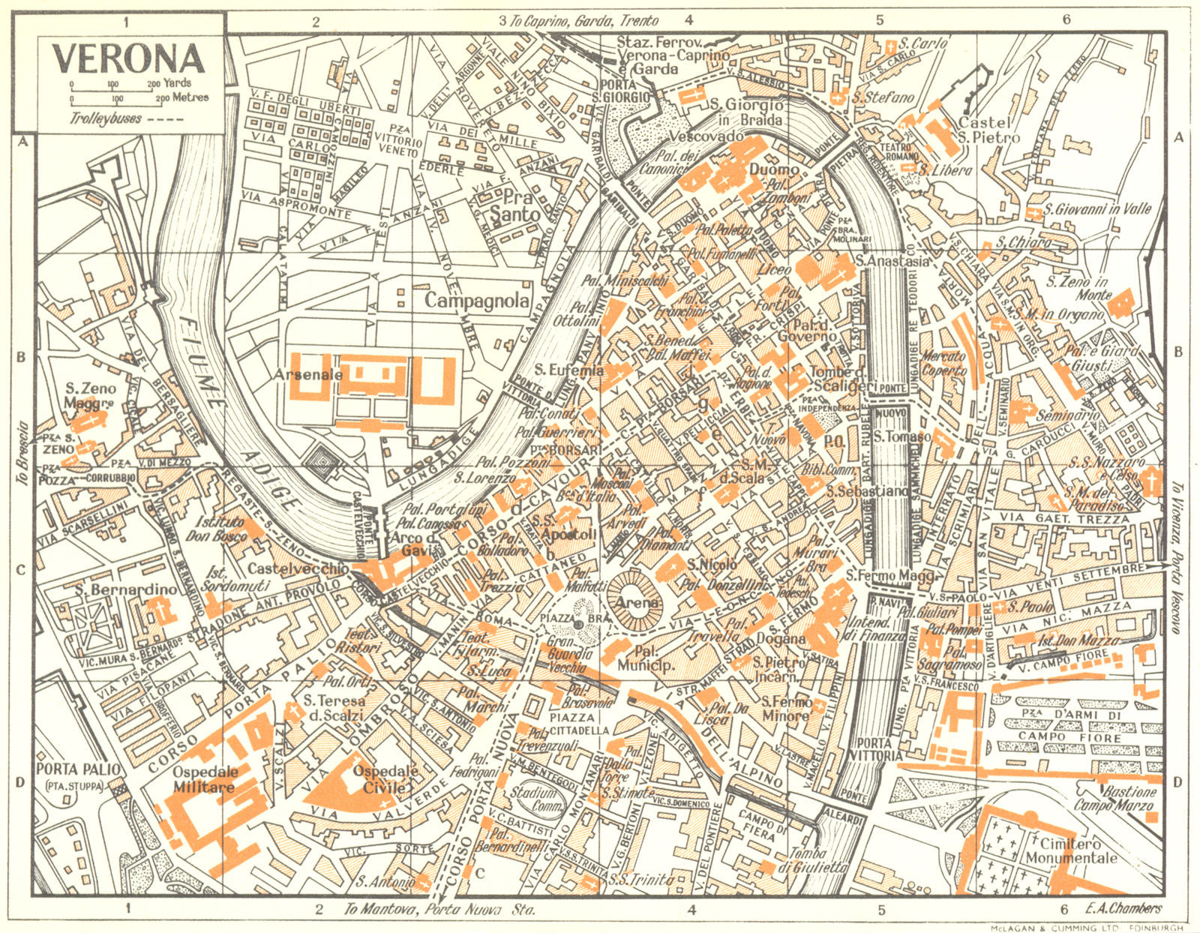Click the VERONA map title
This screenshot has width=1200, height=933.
pyautogui.click(x=128, y=58)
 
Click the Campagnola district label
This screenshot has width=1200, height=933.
pyautogui.click(x=477, y=300)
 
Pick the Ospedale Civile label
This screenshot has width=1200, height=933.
pyautogui.click(x=379, y=779)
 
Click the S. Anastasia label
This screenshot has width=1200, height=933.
pyautogui.click(x=892, y=261)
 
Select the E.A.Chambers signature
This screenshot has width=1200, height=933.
pyautogui.click(x=1123, y=908)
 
